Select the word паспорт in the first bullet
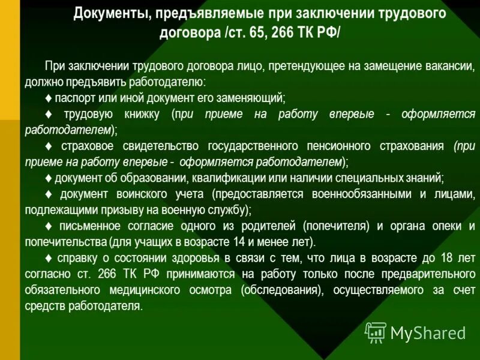pos(74,98)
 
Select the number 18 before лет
pos(447,259)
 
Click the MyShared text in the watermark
pos(428,332)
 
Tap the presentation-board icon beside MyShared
pos(376,332)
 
